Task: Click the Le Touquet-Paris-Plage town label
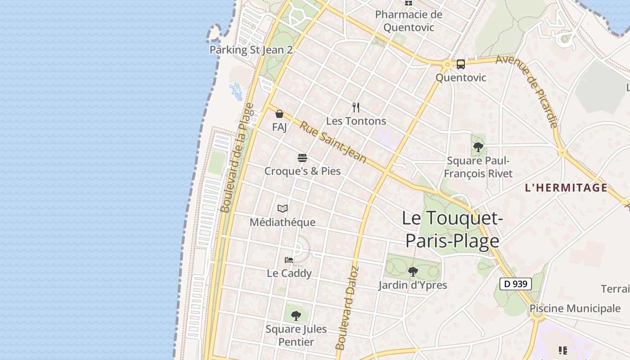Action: click(x=452, y=229)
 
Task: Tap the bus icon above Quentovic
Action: click(x=461, y=64)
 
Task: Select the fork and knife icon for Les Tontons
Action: click(x=356, y=107)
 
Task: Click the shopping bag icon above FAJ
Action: click(x=279, y=114)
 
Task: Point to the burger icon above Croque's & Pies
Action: click(x=302, y=158)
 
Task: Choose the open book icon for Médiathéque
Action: click(x=283, y=209)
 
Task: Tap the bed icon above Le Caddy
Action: click(x=289, y=260)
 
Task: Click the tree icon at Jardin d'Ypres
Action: click(x=413, y=272)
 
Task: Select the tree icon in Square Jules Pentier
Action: click(x=296, y=315)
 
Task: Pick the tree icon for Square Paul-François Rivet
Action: click(x=478, y=147)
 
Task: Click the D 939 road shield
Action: click(x=516, y=284)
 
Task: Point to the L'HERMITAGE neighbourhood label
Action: click(x=566, y=188)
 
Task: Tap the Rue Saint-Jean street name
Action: click(x=333, y=141)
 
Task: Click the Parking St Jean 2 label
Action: click(x=251, y=49)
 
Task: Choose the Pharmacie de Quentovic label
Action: click(x=409, y=21)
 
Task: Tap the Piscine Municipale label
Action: click(x=575, y=309)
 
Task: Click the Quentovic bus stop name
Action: click(x=461, y=77)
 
